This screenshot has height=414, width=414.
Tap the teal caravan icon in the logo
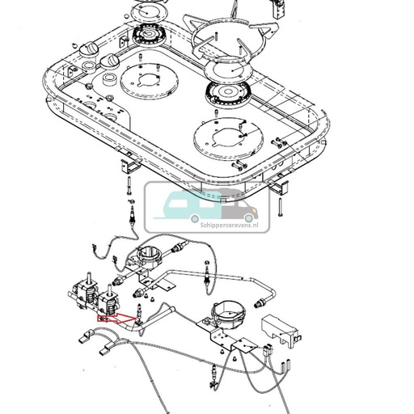184,206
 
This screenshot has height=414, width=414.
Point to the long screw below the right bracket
278,209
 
